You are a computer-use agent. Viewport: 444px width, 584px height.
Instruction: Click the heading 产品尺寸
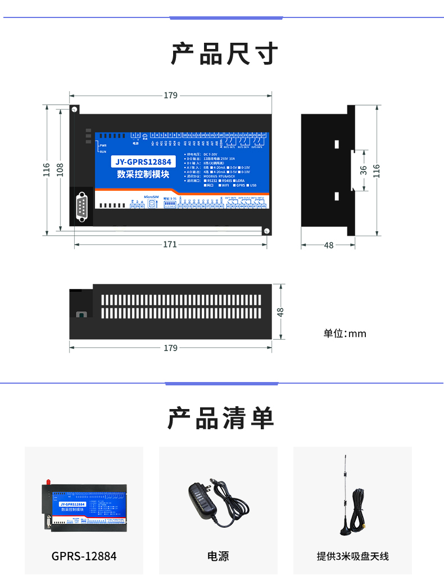point(224,54)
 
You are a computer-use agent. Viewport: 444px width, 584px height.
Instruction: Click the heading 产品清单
point(221,418)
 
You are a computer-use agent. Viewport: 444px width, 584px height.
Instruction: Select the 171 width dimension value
point(170,244)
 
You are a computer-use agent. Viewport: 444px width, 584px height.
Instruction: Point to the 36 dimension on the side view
point(363,169)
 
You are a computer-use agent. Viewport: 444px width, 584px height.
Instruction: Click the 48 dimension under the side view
point(329,245)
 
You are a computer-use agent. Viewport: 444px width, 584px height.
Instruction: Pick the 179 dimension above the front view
point(170,95)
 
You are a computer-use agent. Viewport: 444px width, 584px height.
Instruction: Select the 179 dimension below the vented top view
point(170,348)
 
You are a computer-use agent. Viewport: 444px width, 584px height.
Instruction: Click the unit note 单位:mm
point(345,334)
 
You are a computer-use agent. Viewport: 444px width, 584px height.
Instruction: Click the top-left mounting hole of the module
point(74,109)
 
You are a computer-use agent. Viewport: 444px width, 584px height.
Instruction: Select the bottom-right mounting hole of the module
point(267,230)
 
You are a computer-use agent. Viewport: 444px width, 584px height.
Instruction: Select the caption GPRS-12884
point(84,556)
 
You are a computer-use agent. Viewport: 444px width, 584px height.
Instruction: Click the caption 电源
point(218,556)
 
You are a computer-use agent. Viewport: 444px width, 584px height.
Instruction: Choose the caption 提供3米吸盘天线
point(352,556)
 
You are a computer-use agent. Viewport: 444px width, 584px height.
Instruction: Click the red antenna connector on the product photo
point(48,483)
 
